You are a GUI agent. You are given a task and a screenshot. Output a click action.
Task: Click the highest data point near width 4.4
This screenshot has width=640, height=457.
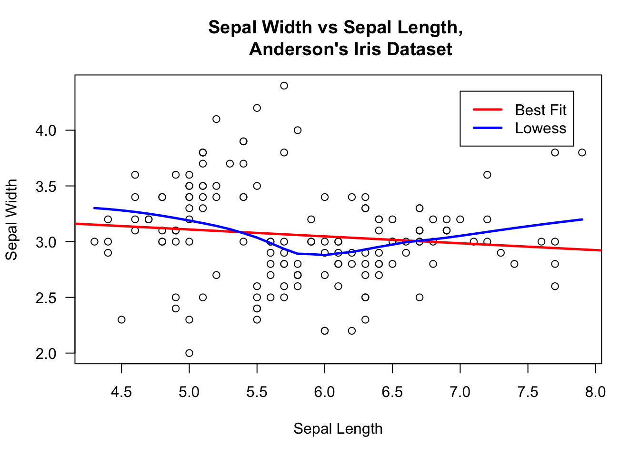(x=284, y=86)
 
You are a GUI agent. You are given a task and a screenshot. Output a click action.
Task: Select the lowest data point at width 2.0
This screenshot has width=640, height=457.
(x=189, y=353)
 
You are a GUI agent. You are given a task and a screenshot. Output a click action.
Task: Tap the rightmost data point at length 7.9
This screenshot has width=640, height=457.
(x=582, y=152)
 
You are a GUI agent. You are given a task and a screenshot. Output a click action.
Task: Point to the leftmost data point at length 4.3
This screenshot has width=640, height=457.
(x=94, y=241)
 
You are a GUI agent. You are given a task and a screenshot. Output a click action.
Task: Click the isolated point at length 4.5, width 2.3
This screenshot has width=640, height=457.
(x=121, y=319)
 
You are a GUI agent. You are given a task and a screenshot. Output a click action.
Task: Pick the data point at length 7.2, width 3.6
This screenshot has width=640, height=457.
(x=487, y=175)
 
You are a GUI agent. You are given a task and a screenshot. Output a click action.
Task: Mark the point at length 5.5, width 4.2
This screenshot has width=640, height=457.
(x=257, y=108)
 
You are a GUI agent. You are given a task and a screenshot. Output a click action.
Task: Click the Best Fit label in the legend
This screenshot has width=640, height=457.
(x=540, y=110)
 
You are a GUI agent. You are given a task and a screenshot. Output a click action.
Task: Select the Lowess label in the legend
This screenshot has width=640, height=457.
(x=540, y=129)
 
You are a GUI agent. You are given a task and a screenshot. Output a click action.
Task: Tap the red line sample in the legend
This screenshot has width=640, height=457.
(x=488, y=109)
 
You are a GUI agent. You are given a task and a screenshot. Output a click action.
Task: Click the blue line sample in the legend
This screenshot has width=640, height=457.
(x=488, y=128)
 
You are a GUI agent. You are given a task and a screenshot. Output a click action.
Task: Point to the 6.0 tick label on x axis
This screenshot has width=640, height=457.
(x=325, y=392)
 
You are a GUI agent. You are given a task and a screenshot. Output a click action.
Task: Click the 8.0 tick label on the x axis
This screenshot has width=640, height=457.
(x=596, y=392)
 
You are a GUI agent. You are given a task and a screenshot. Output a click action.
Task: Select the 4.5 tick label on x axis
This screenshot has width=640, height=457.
(x=121, y=392)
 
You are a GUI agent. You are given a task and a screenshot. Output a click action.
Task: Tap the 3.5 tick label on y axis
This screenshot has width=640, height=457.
(x=46, y=186)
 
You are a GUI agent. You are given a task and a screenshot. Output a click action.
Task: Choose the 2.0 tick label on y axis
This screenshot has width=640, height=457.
(x=46, y=353)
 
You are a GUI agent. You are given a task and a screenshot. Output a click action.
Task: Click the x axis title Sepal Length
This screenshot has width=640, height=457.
(x=338, y=428)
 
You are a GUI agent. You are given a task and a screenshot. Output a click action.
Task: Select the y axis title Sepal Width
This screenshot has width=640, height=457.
(x=11, y=219)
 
